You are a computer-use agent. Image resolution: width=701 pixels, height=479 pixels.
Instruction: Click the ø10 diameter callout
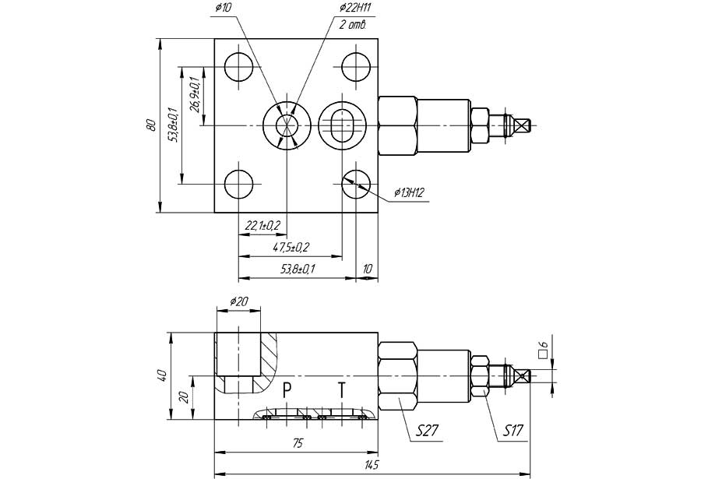[x=223, y=8]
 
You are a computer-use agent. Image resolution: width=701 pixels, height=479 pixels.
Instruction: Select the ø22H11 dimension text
[x=355, y=8]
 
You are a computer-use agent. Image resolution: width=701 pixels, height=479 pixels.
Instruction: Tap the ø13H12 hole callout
[x=409, y=192]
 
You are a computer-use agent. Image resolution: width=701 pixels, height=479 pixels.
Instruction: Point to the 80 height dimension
[x=152, y=125]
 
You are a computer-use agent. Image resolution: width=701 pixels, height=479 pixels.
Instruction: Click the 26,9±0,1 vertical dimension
[x=195, y=94]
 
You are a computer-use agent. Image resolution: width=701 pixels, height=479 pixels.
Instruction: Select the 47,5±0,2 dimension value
[x=291, y=248]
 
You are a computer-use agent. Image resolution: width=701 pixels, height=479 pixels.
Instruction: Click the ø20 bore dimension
[x=239, y=301]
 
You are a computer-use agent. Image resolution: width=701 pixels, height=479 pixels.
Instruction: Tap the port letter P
[x=287, y=390]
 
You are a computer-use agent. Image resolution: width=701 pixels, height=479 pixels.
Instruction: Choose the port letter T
[x=342, y=390]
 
